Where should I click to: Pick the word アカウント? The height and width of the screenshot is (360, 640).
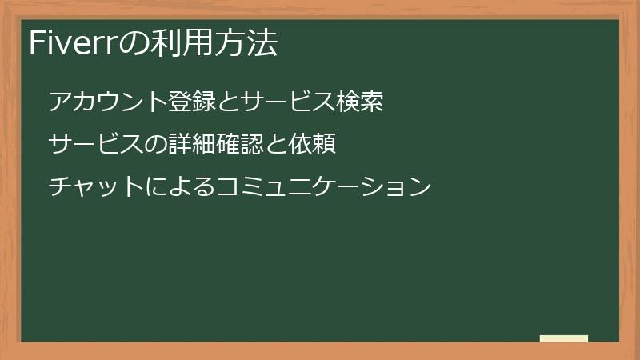pos(108,102)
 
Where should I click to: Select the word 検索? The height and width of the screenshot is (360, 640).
pos(360,102)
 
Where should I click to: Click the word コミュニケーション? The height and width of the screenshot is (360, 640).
pos(324,187)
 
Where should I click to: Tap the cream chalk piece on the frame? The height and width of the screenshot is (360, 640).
pos(563,338)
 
